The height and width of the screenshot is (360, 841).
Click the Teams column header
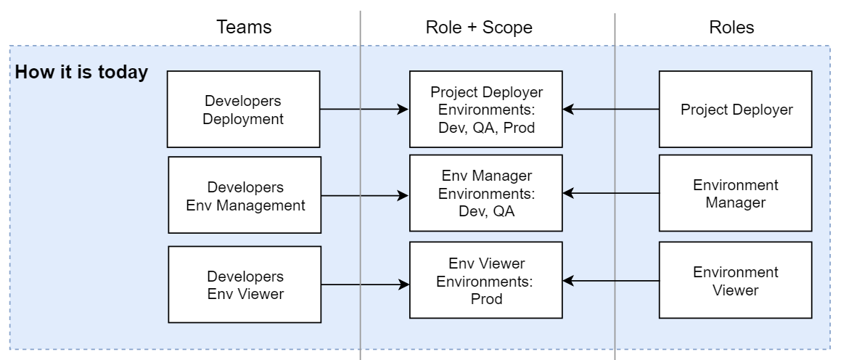coord(244,28)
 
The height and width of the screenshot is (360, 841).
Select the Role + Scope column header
coord(479,28)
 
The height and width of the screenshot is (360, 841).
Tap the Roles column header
coord(731,28)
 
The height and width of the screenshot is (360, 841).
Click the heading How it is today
coord(81,73)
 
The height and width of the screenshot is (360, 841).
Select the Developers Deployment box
coord(245,110)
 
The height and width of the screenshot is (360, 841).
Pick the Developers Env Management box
coord(245,195)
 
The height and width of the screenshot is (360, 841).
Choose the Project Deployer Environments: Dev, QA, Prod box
coord(486,110)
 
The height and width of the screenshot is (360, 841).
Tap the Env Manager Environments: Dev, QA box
coord(486,194)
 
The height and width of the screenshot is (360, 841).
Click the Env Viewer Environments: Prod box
coord(486,280)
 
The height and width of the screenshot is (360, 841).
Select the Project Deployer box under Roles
coord(735,110)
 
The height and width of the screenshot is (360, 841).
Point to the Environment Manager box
coord(735,194)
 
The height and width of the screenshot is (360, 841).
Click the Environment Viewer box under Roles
coord(735,280)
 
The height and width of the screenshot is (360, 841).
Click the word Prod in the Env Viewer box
coord(486,298)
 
